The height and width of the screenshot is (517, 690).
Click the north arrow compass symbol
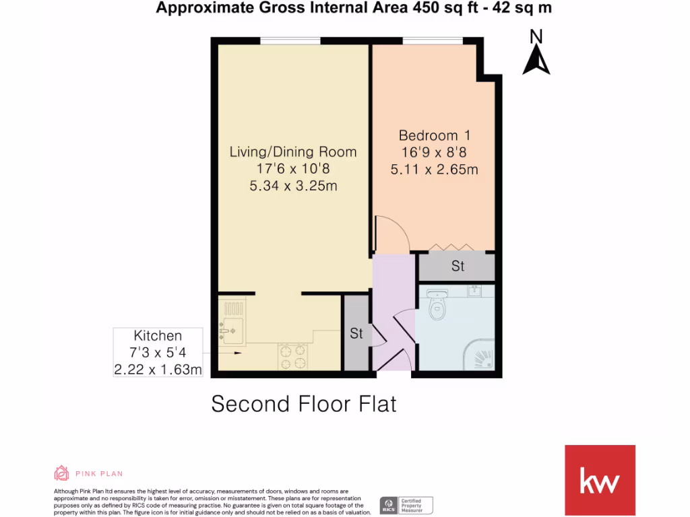point(536,57)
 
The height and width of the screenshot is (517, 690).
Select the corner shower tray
point(480,357)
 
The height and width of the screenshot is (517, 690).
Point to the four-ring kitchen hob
point(293,356)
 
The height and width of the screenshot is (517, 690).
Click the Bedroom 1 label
point(434,135)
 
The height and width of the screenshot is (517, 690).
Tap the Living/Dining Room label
point(293,151)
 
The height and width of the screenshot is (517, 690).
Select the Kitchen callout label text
point(158,335)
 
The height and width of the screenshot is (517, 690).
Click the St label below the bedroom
point(458,266)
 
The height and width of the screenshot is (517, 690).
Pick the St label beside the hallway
point(356,333)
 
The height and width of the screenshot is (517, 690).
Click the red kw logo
point(600,481)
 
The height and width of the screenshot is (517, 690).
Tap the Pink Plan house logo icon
point(61,473)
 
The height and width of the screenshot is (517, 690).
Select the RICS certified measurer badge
point(406,504)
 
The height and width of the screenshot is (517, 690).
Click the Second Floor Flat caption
point(304,404)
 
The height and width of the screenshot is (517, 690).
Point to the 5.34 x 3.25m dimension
point(293,185)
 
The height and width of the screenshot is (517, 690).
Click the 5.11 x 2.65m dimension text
point(435,170)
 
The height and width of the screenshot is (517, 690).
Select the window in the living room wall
point(290,41)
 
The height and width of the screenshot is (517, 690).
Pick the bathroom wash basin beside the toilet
point(438,294)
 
